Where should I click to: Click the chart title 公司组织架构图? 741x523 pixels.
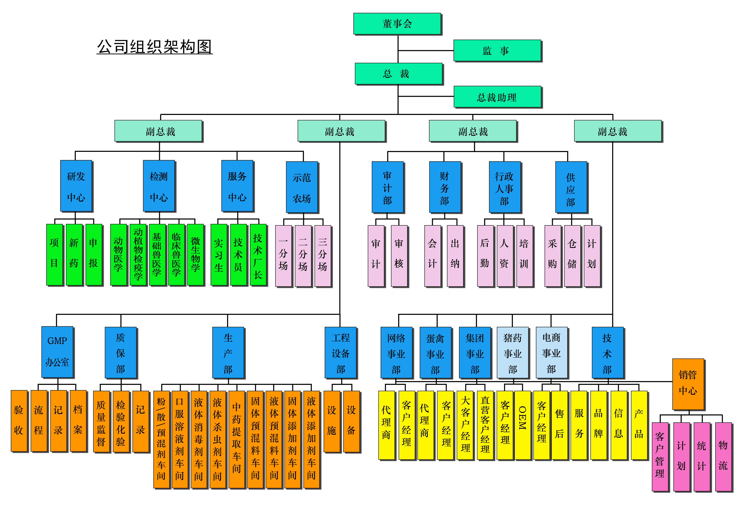[x=155, y=47]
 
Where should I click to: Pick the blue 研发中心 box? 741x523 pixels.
[x=76, y=186]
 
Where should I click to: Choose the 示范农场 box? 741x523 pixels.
[x=302, y=187]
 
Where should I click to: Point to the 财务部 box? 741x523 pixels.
[x=444, y=187]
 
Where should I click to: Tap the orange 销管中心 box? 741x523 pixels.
[x=688, y=383]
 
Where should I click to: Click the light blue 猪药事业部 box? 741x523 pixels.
[x=512, y=353]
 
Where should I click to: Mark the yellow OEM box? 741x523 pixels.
[x=522, y=425]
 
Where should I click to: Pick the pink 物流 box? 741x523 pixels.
[x=723, y=457]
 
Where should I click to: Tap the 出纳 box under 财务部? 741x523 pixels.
[x=455, y=256]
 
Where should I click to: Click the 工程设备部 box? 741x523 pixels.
[x=341, y=353]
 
